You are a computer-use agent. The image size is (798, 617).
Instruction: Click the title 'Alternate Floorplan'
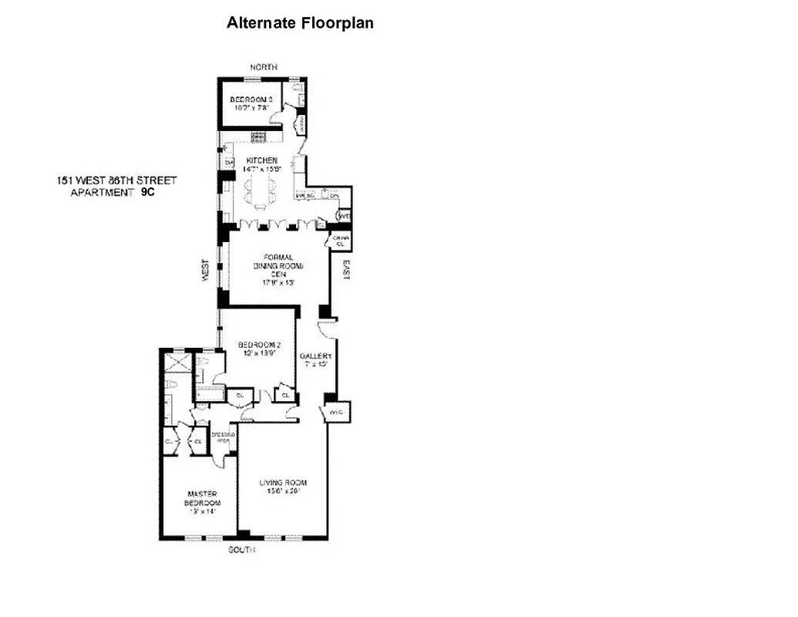pos(300,23)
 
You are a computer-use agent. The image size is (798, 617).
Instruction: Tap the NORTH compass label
pos(263,67)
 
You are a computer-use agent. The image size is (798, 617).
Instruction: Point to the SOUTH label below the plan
pos(241,551)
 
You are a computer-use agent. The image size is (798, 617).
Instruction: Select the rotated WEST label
pos(206,270)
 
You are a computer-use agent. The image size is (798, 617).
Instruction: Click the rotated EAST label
pos(346,268)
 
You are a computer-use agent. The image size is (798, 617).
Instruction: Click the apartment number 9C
pos(147,193)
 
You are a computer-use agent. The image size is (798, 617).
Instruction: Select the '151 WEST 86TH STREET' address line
pos(116,180)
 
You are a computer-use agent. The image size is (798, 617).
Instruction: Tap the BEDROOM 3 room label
pos(251,99)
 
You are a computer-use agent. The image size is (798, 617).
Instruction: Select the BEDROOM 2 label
pos(257,345)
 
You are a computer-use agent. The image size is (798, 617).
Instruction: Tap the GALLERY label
pos(315,356)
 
